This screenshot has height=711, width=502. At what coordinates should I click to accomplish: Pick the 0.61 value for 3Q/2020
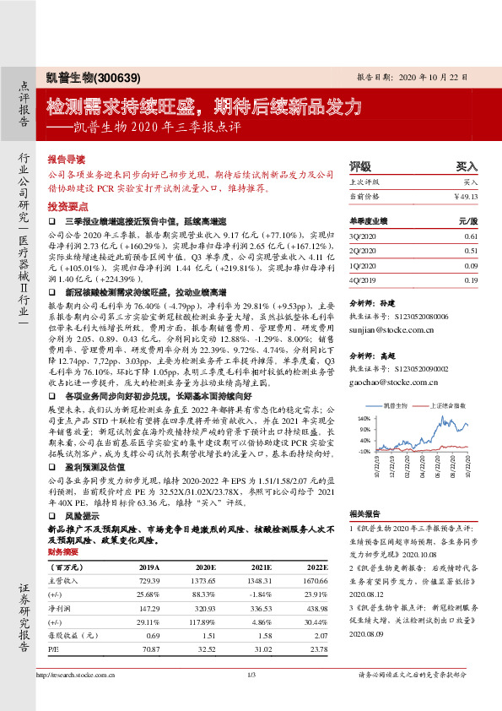coord(471,236)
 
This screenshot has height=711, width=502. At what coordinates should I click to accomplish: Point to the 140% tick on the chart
coord(364,418)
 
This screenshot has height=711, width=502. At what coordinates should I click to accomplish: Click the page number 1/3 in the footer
coord(251,697)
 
